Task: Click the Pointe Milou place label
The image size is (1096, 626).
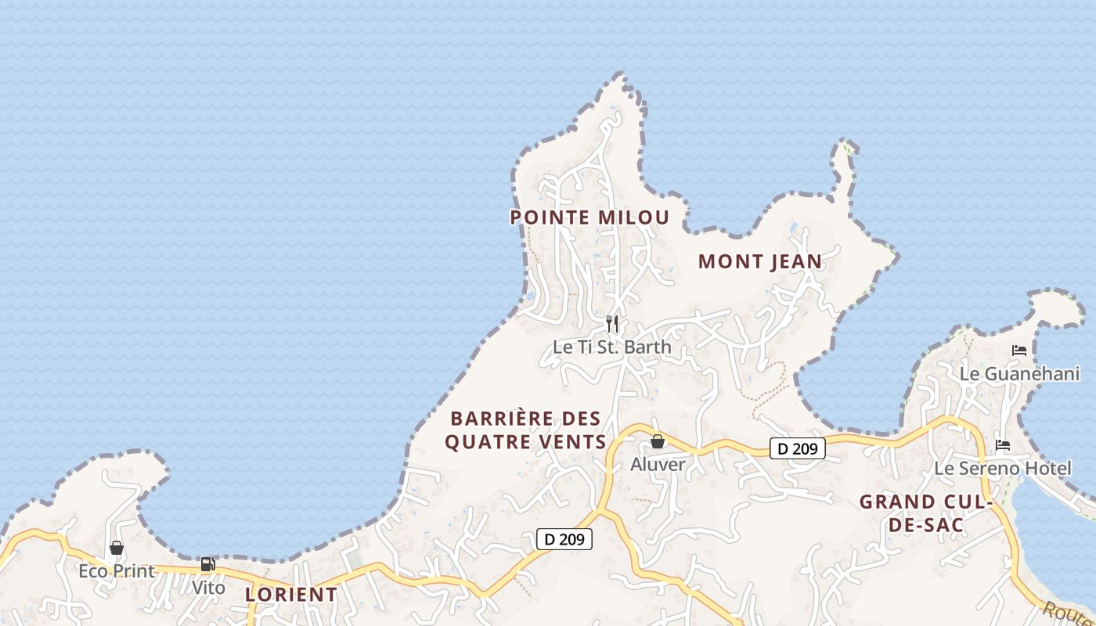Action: [x=589, y=217]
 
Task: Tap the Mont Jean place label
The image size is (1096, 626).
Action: [x=760, y=261]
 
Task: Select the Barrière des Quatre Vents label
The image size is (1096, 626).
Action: [x=525, y=430]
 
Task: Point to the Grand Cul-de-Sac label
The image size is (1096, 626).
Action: [x=926, y=513]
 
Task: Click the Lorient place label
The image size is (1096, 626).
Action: [x=291, y=594]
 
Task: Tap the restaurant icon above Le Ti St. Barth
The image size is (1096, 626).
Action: [x=612, y=323]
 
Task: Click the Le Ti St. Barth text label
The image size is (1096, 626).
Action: [x=612, y=346]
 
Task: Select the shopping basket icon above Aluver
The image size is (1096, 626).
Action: [x=658, y=442]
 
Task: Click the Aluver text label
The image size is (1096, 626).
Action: [x=658, y=464]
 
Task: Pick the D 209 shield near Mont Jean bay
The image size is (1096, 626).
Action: [x=798, y=448]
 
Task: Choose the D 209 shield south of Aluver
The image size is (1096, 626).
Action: [x=564, y=538]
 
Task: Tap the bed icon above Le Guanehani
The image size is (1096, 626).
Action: [x=1018, y=351]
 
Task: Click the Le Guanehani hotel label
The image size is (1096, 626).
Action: [x=1019, y=373]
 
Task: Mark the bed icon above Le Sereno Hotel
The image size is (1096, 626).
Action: [x=1003, y=445]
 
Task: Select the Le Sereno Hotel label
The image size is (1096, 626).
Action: [x=1003, y=468]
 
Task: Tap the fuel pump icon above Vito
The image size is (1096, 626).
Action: [x=207, y=564]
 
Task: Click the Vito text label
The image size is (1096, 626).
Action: [x=208, y=587]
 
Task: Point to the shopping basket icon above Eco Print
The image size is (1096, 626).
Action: [x=117, y=548]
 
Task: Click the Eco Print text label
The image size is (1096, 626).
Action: [x=117, y=570]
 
